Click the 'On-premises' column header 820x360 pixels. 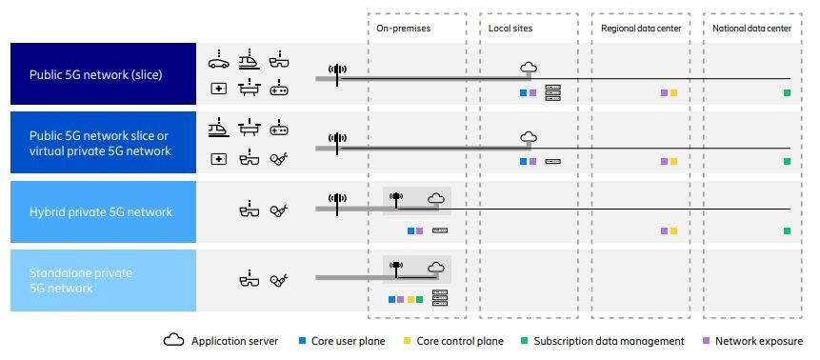point(404,30)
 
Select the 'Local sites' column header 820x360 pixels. point(510,30)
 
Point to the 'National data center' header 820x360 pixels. point(751,30)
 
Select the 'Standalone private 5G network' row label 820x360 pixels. point(80,280)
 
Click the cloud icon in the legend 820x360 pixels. point(174,341)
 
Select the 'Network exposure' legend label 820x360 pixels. point(759,341)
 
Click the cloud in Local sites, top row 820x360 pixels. point(529,67)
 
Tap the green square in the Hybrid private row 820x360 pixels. point(787,230)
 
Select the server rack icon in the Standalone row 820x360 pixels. point(439,298)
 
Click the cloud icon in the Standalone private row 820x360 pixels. point(436,267)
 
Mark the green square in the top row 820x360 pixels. point(787,93)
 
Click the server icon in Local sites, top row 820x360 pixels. point(553,93)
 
